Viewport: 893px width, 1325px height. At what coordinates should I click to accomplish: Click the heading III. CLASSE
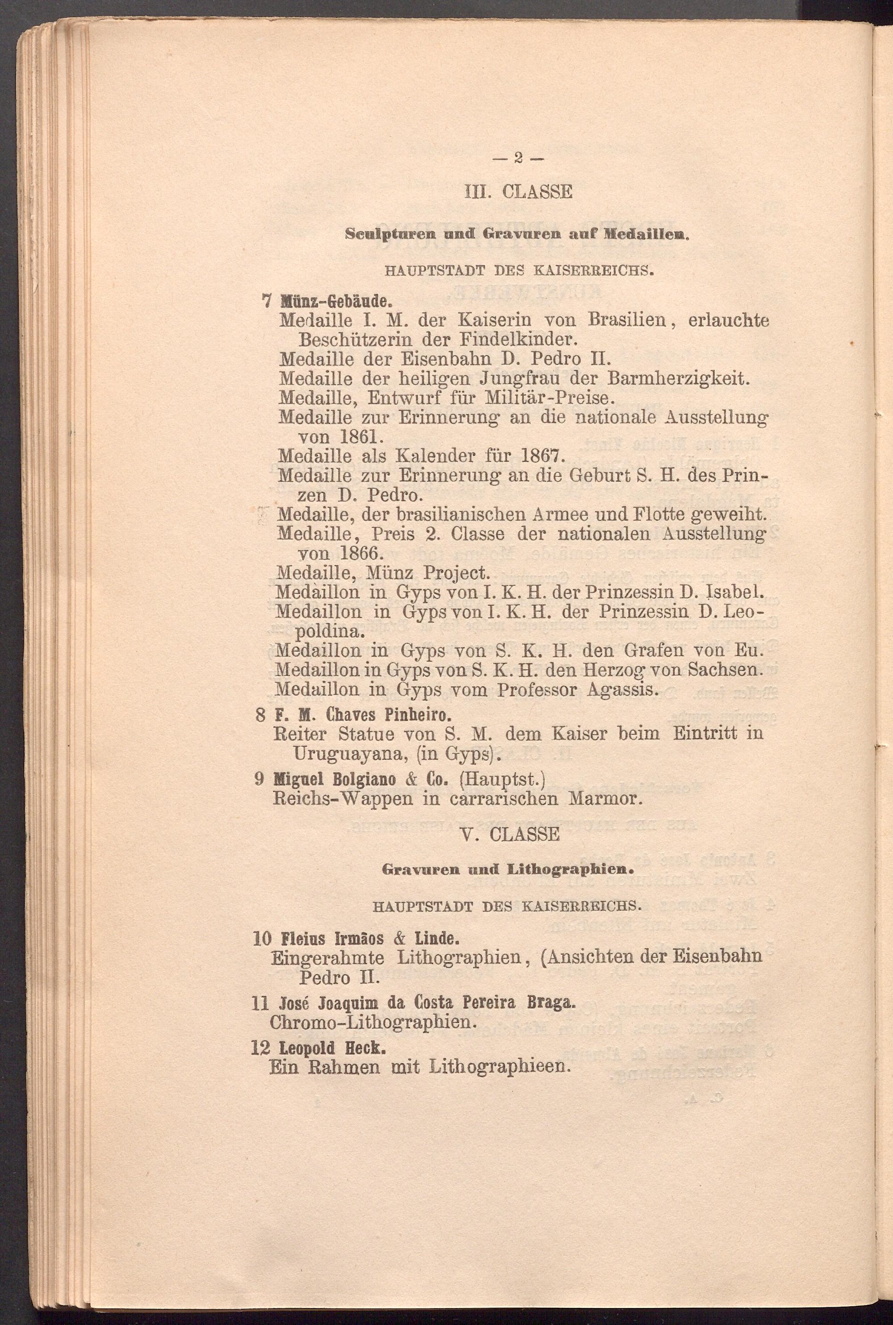tap(518, 192)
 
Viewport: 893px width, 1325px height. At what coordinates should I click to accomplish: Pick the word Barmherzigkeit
tap(677, 379)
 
